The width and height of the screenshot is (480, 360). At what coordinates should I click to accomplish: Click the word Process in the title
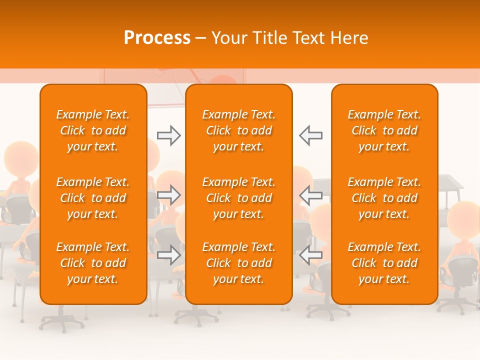pos(157,37)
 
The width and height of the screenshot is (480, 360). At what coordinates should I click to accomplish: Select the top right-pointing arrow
pos(168,135)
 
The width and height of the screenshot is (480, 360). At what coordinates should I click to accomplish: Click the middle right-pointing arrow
pos(168,195)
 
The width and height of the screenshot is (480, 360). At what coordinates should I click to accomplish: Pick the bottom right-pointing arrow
pos(168,254)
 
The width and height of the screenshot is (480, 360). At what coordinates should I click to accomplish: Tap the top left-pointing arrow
pos(310,135)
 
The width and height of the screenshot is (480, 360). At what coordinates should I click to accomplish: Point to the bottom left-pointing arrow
pos(310,254)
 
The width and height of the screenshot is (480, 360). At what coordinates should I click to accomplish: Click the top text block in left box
pos(93,130)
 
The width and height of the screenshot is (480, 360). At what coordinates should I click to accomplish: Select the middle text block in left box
pos(93,198)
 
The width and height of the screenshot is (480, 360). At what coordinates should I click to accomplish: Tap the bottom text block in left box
pos(93,263)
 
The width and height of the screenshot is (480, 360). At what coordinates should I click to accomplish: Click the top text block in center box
pos(238,130)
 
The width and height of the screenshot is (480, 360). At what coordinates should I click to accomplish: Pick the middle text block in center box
pos(238,198)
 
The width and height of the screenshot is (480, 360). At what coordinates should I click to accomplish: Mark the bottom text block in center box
pos(238,263)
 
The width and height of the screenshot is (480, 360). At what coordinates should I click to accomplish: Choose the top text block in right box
pos(384,130)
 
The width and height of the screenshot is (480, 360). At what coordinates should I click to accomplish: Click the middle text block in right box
pos(384,198)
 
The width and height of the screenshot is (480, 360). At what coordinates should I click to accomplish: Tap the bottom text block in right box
pos(384,263)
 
